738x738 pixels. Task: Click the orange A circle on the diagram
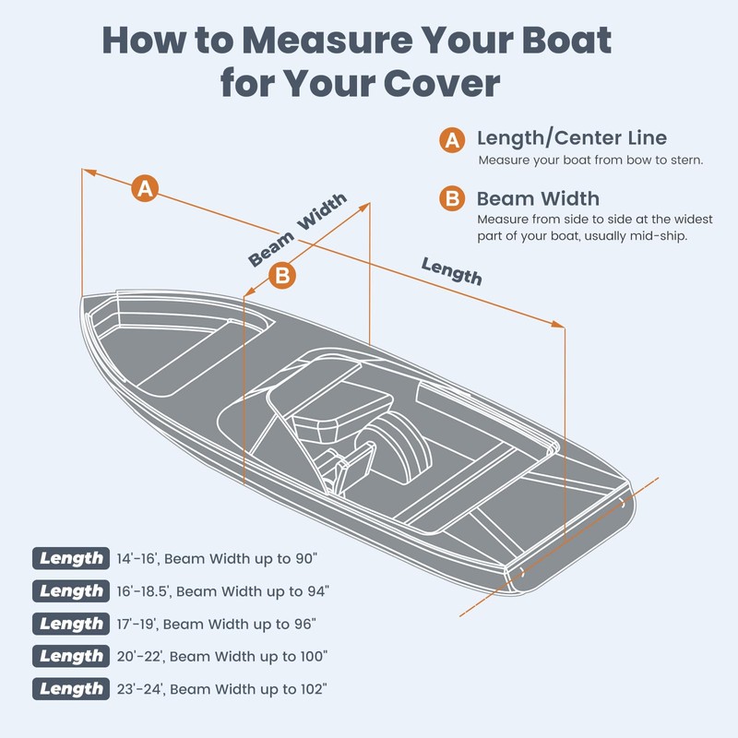click(144, 188)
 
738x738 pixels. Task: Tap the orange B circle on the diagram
click(283, 275)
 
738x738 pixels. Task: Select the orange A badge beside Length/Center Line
click(451, 140)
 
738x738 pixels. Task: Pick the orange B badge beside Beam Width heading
click(451, 199)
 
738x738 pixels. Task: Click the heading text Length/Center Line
click(571, 139)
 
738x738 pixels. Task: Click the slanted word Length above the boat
click(452, 270)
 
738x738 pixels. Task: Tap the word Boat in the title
click(557, 41)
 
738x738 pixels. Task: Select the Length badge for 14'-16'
click(71, 558)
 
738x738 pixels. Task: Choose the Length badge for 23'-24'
click(71, 688)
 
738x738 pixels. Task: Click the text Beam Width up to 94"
click(254, 591)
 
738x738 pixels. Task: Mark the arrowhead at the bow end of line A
click(87, 171)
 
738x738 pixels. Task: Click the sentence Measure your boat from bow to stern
click(590, 161)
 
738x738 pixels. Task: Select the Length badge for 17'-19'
click(71, 624)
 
